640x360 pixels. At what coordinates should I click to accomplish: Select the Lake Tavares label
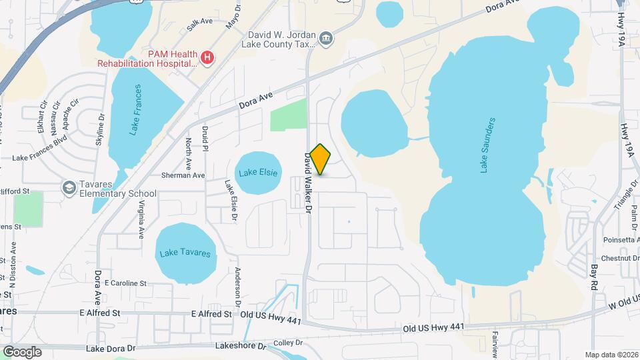[x=186, y=253]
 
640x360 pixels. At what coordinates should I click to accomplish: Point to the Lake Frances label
[x=137, y=110]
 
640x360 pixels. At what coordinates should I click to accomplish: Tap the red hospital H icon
[x=207, y=58]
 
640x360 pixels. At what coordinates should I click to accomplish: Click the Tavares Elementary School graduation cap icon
[x=69, y=188]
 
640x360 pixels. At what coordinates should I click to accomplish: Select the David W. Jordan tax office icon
[x=326, y=37]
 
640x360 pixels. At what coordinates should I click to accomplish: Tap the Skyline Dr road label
[x=101, y=126]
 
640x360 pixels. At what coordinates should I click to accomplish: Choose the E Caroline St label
[x=125, y=283]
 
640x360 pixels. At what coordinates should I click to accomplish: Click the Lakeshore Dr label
[x=240, y=346]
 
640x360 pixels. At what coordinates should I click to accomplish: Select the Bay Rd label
[x=594, y=277]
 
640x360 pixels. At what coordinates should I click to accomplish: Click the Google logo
[x=22, y=351]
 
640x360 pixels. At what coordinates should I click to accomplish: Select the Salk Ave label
[x=200, y=22]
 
